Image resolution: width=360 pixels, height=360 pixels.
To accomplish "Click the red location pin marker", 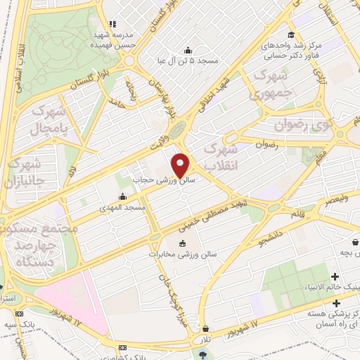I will click(181, 165).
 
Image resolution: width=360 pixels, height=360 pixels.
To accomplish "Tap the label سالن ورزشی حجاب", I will click(165, 180).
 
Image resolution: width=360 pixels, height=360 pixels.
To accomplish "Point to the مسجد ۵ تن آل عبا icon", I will click(187, 50).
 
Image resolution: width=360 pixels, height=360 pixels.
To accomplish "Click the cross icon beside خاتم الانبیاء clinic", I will click(335, 276).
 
